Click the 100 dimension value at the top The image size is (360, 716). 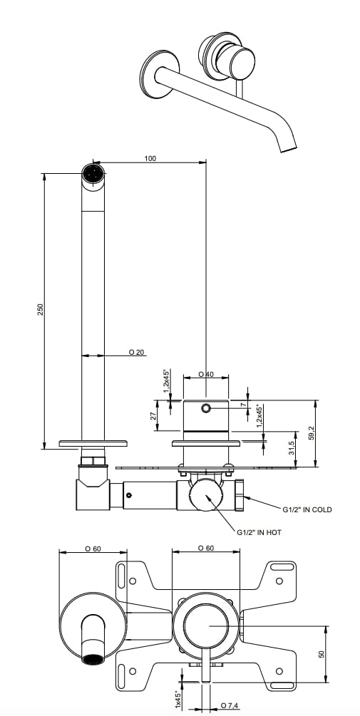(x=150, y=158)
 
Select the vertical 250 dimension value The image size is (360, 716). (x=41, y=308)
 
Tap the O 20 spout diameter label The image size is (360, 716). (x=136, y=353)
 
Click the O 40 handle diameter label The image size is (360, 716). (x=205, y=374)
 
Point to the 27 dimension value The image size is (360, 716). (x=153, y=416)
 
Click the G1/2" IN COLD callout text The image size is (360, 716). (x=307, y=509)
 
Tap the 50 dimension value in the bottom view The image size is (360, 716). (x=322, y=653)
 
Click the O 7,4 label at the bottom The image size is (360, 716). (x=229, y=705)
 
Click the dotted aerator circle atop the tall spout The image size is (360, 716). (x=93, y=173)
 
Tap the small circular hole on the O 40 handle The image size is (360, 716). (x=206, y=408)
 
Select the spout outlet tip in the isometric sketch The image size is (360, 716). (x=287, y=149)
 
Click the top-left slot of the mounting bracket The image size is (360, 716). (x=123, y=574)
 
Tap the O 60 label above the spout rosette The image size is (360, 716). (x=92, y=549)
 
